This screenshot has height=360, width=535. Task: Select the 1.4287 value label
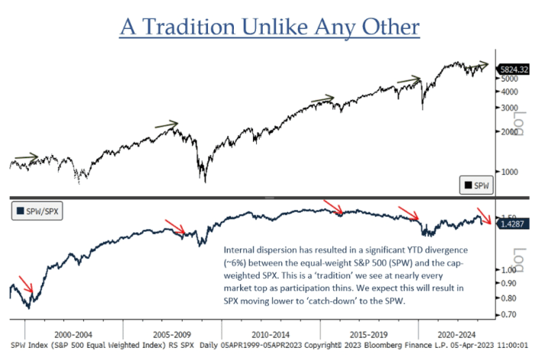[511, 224]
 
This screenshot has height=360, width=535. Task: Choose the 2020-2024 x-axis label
[456, 335]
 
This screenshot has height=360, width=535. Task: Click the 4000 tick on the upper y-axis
[508, 92]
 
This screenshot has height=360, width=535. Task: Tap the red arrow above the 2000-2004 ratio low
[26, 286]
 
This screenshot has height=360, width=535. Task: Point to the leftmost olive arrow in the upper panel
[27, 157]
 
